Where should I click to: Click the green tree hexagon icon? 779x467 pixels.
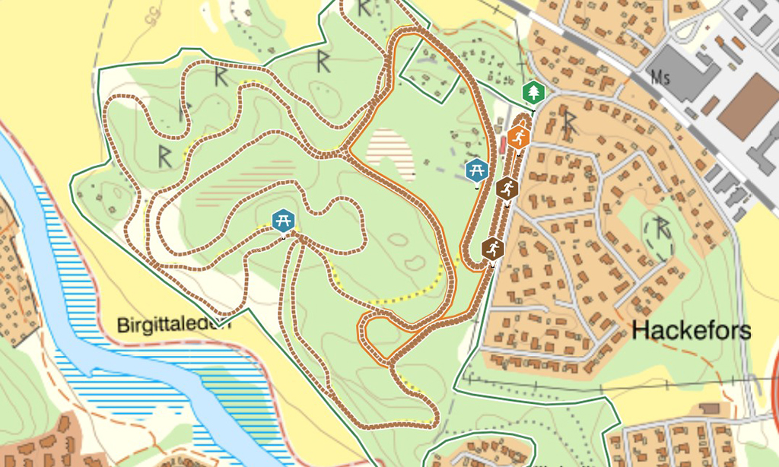(x=534, y=93)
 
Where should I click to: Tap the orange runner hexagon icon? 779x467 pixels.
(x=518, y=138)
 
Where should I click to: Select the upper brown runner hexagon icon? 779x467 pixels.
(x=507, y=187)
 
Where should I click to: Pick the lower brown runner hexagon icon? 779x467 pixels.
(x=493, y=248)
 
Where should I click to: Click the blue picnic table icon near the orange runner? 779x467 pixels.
(x=477, y=169)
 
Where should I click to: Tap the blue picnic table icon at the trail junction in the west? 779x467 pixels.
(x=283, y=221)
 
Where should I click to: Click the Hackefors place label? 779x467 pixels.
(x=692, y=331)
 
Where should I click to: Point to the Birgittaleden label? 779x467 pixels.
(x=173, y=326)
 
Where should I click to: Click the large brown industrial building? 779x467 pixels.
(x=749, y=106)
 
